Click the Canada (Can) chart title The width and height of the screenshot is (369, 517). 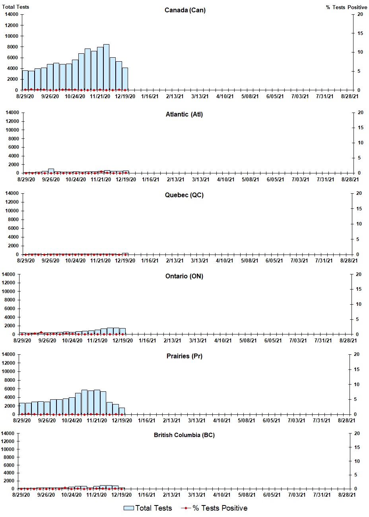click(x=185, y=10)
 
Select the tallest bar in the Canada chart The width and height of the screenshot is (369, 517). click(x=106, y=67)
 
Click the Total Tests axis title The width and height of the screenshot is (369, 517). click(x=16, y=7)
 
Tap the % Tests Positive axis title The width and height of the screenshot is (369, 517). click(x=346, y=7)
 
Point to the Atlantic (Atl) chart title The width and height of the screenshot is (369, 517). click(x=184, y=115)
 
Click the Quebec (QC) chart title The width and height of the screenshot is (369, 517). click(x=184, y=195)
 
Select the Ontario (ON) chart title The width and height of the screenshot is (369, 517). click(x=184, y=276)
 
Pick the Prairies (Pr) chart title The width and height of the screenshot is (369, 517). click(x=184, y=356)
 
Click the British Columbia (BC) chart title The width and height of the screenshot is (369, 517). click(x=184, y=435)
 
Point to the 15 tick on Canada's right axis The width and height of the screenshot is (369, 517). click(x=360, y=33)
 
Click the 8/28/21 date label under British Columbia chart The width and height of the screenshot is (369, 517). click(x=347, y=495)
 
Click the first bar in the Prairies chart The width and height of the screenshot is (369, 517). click(x=22, y=409)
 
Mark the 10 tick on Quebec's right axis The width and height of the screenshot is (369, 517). click(x=359, y=224)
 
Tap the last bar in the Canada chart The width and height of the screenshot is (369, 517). click(x=125, y=79)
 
